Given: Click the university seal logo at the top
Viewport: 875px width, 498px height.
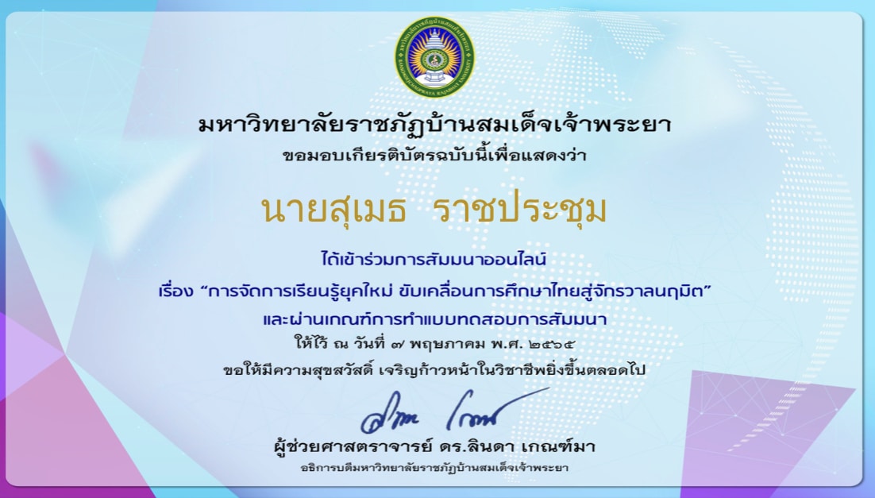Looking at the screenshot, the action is [x=434, y=57].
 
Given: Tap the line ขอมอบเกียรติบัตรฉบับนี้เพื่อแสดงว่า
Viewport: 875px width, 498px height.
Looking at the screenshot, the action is [x=434, y=155].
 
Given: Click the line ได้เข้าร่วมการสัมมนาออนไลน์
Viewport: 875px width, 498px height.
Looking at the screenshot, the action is [x=434, y=259].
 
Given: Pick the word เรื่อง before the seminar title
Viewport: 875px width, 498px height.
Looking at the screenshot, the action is [x=175, y=291].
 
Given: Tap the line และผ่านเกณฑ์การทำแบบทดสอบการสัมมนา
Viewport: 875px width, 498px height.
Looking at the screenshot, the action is [x=434, y=318].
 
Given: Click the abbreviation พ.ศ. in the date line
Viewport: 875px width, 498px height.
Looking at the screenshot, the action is [x=506, y=343].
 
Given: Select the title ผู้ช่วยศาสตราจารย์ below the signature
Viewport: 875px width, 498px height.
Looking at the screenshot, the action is [x=353, y=446].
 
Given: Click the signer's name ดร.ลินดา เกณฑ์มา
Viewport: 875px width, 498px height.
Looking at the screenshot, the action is [x=518, y=446].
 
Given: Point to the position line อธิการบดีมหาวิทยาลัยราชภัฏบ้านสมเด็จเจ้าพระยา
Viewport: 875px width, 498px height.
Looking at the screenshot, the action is [x=434, y=467].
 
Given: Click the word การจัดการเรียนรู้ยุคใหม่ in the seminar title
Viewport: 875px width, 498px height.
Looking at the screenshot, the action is [x=300, y=291].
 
